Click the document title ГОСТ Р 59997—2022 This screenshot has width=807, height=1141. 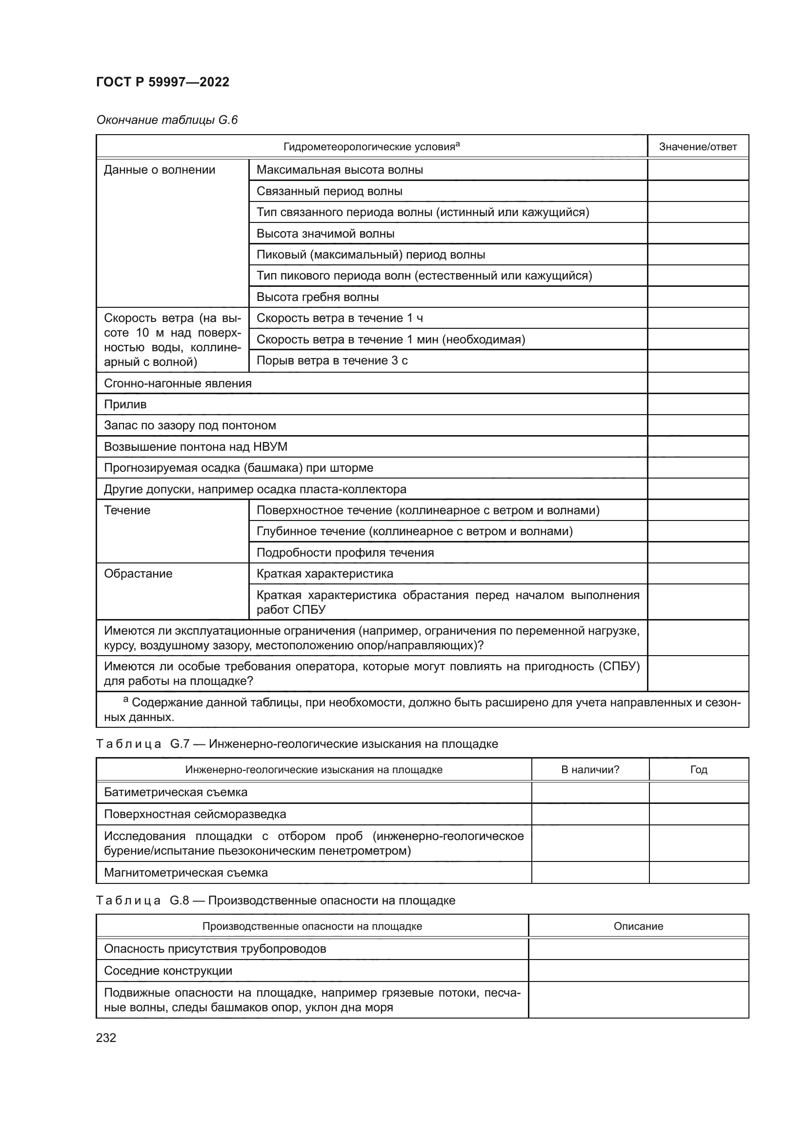162,82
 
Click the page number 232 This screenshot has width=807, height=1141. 106,1038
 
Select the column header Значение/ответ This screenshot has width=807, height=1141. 697,147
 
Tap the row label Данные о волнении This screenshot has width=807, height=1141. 159,170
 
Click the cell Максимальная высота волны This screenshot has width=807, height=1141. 340,170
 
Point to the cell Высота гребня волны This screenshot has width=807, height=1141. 317,297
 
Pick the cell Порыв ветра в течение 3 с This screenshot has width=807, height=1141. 332,361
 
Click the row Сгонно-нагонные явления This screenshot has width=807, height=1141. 178,383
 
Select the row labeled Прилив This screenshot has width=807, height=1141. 125,404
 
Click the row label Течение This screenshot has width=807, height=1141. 127,510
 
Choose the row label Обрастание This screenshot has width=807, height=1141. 138,574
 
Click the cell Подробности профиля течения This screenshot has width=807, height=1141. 345,553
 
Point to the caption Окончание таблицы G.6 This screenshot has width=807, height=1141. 167,120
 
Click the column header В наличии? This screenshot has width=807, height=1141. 590,770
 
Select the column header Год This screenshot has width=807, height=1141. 698,770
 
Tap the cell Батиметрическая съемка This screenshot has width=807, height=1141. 176,792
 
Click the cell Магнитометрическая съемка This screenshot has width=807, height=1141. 185,873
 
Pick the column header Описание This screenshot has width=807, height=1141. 638,926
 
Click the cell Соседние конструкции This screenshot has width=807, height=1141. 168,971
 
